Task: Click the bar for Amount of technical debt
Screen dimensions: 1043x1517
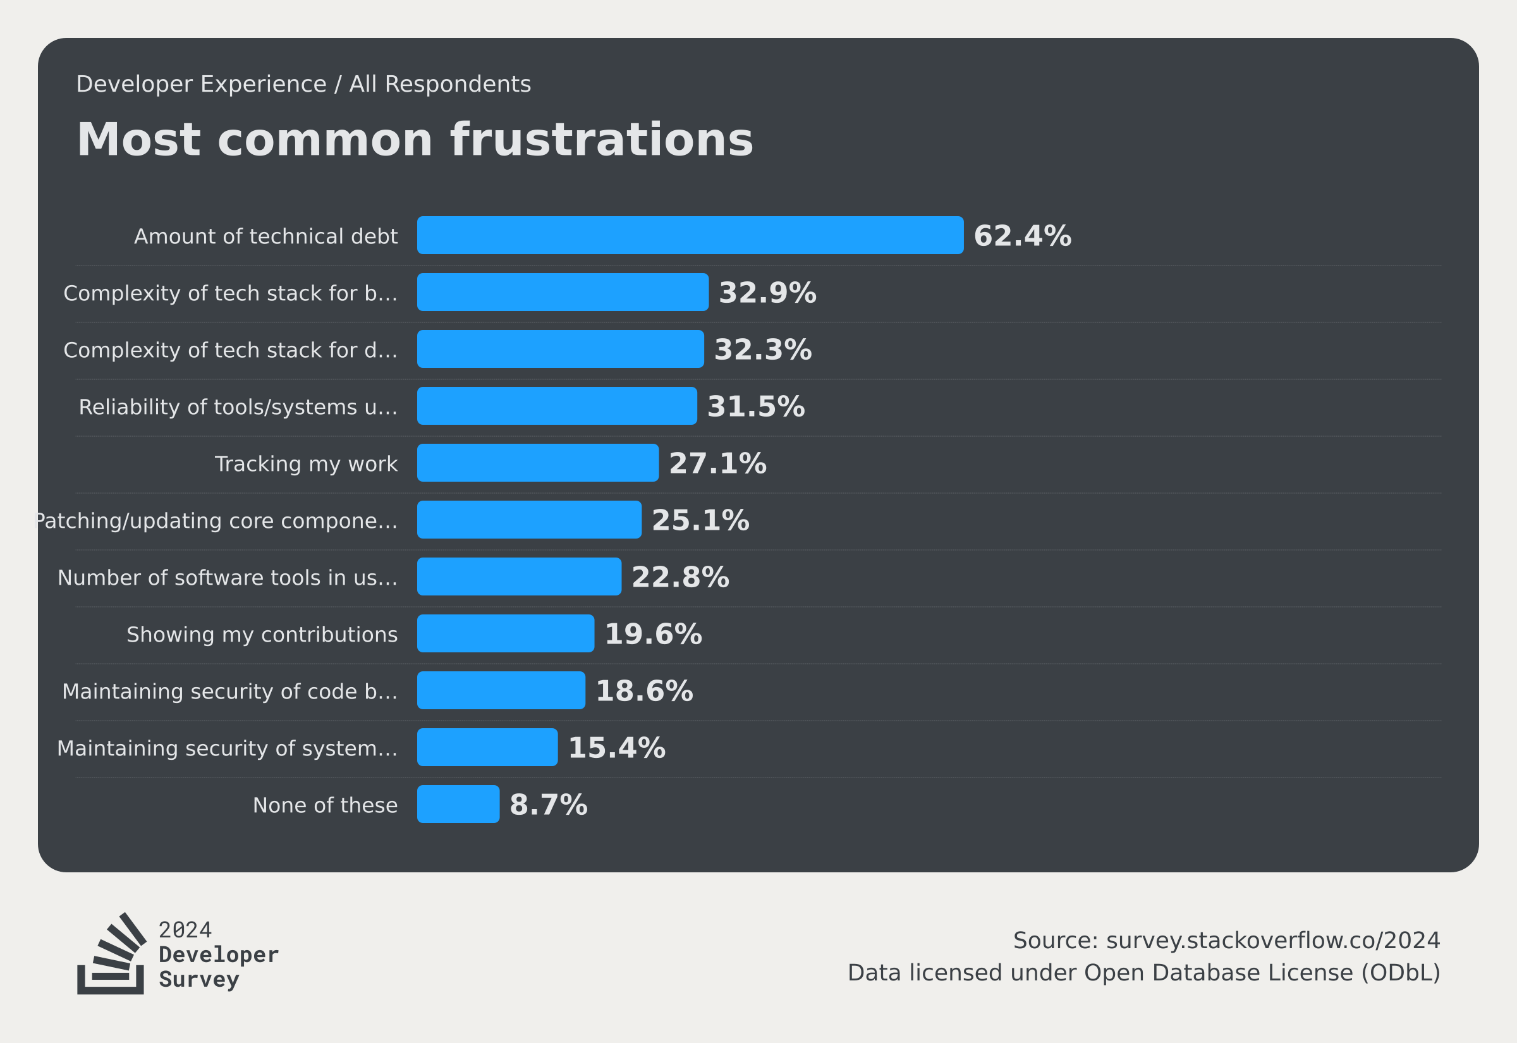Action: (x=690, y=235)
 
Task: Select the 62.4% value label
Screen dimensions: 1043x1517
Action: (x=1022, y=236)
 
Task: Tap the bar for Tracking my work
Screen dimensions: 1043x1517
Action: (x=538, y=463)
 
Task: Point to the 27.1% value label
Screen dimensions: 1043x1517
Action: (x=717, y=463)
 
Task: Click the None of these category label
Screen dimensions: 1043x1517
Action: (x=325, y=805)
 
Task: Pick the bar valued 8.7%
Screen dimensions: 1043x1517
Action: (x=458, y=804)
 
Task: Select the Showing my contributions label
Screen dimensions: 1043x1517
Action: (x=262, y=635)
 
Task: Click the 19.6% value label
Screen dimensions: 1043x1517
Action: (x=653, y=634)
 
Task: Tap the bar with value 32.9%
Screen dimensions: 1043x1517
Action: (x=563, y=292)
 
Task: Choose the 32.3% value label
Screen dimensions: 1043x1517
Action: (x=762, y=350)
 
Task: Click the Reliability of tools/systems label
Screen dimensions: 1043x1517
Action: (x=238, y=407)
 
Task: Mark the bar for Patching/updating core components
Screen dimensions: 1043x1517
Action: (x=529, y=520)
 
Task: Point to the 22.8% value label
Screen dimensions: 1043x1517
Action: (x=679, y=577)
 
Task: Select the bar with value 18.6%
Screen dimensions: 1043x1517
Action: (x=501, y=690)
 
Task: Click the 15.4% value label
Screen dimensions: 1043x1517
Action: (x=616, y=748)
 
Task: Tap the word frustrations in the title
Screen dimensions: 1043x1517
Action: (x=601, y=140)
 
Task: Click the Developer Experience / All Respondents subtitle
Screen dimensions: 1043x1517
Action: (x=303, y=84)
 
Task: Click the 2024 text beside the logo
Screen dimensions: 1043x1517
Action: (x=185, y=930)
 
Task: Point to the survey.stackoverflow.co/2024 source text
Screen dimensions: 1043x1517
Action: (x=1272, y=941)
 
